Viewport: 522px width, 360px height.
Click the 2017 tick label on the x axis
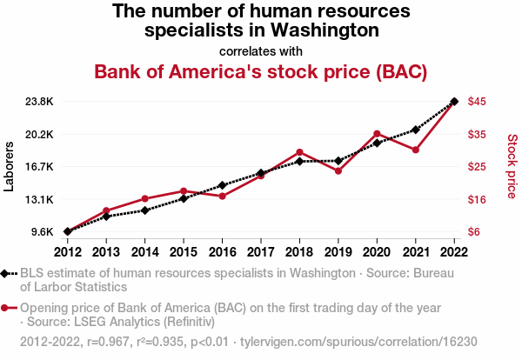click(261, 252)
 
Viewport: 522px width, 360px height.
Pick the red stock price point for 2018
click(299, 152)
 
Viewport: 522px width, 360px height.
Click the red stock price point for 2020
click(377, 134)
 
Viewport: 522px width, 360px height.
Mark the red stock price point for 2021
click(416, 150)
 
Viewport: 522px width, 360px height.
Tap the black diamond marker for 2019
click(338, 161)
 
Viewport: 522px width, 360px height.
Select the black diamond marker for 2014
click(144, 210)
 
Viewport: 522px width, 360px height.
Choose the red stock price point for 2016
click(222, 197)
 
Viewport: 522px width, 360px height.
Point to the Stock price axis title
click(512, 165)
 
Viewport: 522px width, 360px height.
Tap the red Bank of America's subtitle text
click(260, 71)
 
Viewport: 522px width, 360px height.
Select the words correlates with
click(260, 50)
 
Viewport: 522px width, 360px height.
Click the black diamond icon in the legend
click(6, 273)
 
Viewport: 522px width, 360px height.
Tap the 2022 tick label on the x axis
click(454, 252)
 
